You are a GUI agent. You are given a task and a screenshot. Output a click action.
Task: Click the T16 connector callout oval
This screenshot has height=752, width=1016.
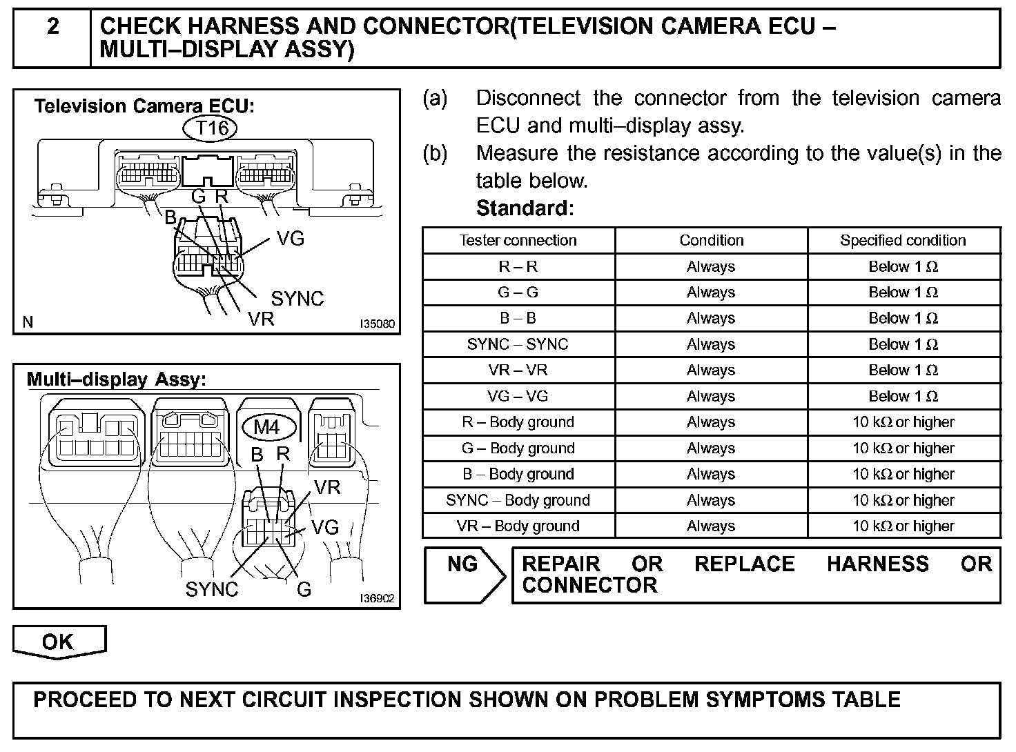[x=211, y=128]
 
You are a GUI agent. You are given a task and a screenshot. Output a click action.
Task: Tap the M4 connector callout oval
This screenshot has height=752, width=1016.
[x=266, y=427]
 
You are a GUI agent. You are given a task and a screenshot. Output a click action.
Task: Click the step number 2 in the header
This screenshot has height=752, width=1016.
[x=52, y=28]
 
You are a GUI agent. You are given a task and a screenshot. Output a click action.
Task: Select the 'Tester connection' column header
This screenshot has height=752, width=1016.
[x=518, y=241]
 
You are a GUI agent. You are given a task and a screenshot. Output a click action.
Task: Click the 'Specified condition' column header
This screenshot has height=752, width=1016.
[x=903, y=241]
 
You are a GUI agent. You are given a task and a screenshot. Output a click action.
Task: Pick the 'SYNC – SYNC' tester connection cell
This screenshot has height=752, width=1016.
[x=518, y=344]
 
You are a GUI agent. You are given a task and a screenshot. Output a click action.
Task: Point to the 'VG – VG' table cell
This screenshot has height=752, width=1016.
[x=518, y=397]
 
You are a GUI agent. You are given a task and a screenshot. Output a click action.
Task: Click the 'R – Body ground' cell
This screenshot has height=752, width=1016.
[x=518, y=422]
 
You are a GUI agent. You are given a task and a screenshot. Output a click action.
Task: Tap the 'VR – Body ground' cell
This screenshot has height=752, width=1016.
[x=518, y=526]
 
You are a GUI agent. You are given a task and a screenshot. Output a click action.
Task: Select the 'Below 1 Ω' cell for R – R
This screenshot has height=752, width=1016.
[x=903, y=267]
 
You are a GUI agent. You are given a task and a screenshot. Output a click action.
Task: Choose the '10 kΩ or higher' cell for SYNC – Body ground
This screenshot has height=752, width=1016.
[x=903, y=500]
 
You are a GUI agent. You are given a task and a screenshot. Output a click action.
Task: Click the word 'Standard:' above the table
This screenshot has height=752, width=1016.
[x=525, y=208]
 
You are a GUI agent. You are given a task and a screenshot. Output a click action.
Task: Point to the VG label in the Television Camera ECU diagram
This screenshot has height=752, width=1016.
[x=291, y=239]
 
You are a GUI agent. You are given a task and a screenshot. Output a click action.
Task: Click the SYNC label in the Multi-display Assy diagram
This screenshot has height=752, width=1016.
[x=211, y=590]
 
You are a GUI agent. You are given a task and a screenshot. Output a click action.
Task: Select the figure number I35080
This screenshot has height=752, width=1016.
[x=378, y=323]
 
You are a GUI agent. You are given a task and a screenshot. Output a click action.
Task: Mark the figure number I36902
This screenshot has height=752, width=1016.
[x=377, y=598]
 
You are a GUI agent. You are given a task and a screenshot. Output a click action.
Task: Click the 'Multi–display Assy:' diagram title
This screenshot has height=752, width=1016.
[x=116, y=379]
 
